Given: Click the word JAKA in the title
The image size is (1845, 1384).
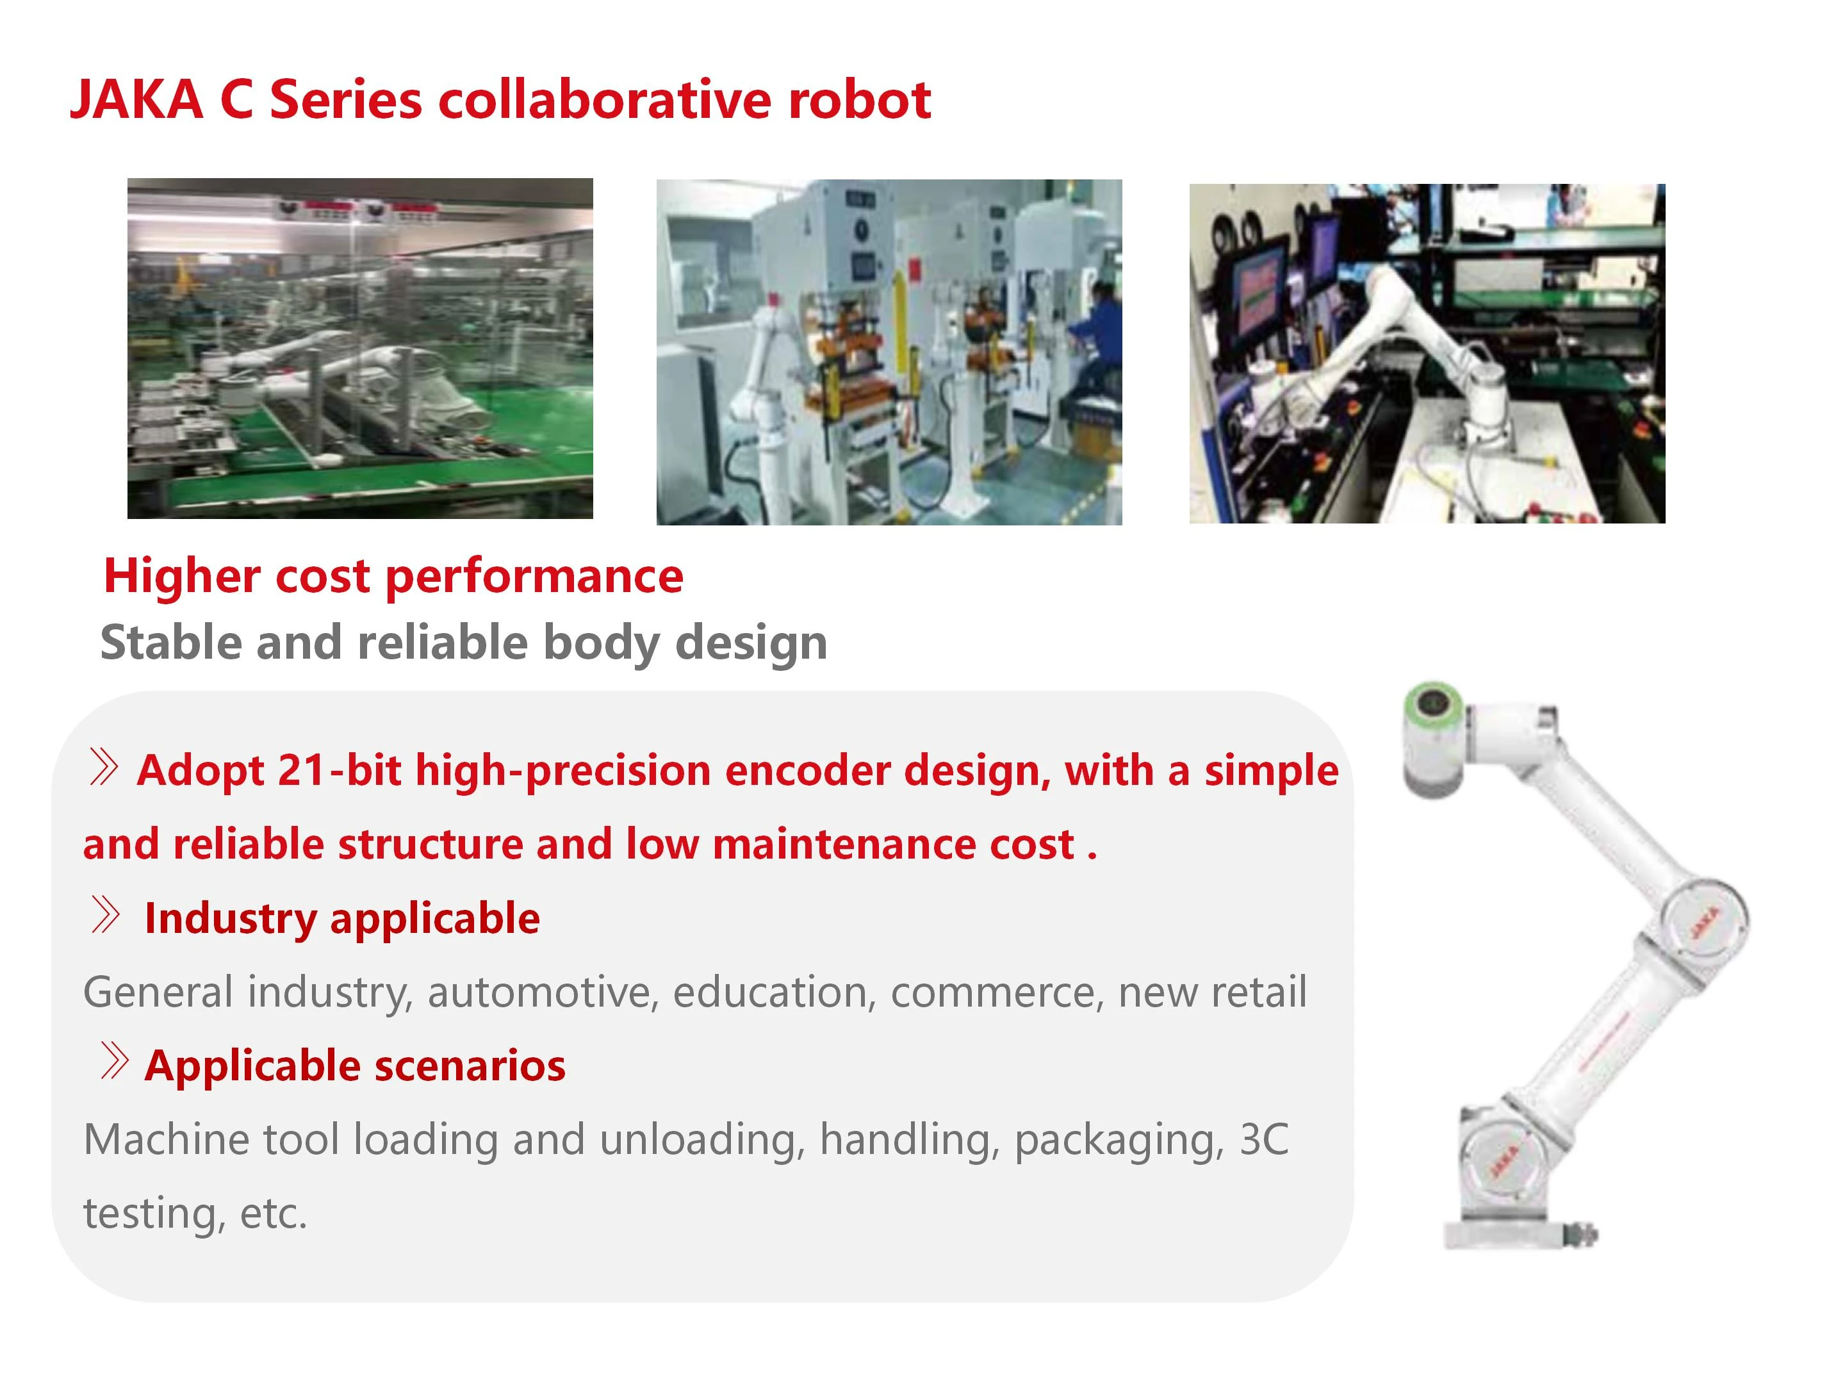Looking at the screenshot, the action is click(136, 100).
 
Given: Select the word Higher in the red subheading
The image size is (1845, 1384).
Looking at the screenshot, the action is click(182, 577).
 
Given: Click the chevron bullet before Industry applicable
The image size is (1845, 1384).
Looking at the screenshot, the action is click(105, 914).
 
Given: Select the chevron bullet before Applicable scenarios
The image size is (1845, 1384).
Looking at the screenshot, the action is click(114, 1061).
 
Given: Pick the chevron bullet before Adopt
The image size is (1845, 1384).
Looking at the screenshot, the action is click(103, 767).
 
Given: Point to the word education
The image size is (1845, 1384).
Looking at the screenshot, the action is click(774, 992).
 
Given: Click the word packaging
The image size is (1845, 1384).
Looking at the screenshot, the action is click(1119, 1140).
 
